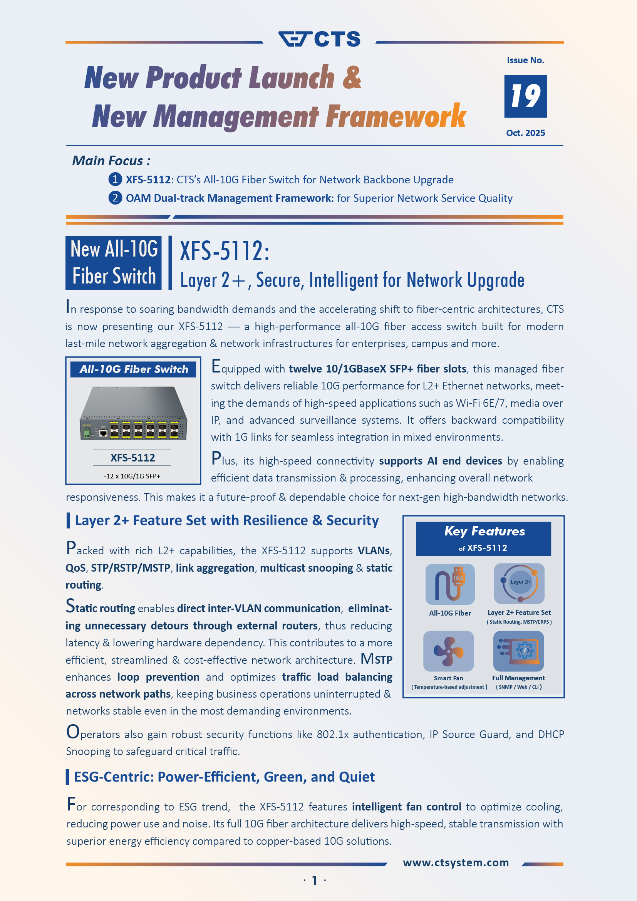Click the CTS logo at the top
[319, 39]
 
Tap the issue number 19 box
[525, 96]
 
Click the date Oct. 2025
[525, 133]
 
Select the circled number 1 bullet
[114, 180]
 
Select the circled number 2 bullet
[114, 198]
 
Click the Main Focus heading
[111, 161]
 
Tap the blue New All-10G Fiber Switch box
[114, 263]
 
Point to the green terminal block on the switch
[86, 433]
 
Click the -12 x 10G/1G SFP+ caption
[132, 476]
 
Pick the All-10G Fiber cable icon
[449, 584]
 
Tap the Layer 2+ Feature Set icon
[519, 583]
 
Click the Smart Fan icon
[448, 651]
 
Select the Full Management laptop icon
[518, 651]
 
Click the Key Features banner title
[484, 531]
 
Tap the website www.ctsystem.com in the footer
[456, 862]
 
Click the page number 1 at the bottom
[314, 881]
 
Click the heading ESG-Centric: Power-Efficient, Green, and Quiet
[224, 777]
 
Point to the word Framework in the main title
[396, 116]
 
